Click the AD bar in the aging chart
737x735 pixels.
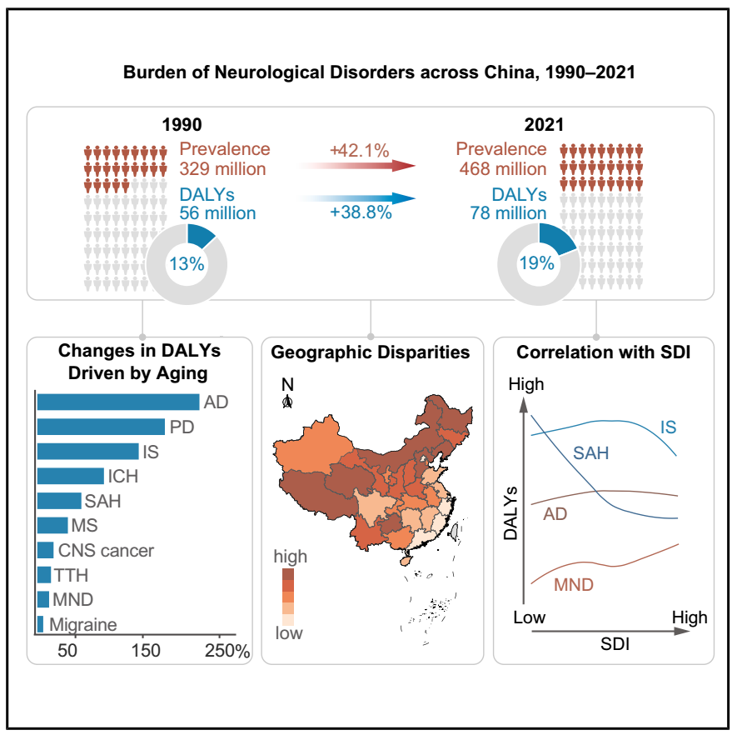pyautogui.click(x=117, y=402)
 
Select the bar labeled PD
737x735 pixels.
pyautogui.click(x=100, y=427)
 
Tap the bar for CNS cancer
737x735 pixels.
pyautogui.click(x=45, y=550)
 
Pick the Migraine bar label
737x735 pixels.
pyautogui.click(x=83, y=624)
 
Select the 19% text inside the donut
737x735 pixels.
pyautogui.click(x=536, y=263)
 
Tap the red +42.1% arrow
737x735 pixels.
pyautogui.click(x=358, y=166)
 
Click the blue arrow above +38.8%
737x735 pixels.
pyautogui.click(x=358, y=198)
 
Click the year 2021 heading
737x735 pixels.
pyautogui.click(x=544, y=126)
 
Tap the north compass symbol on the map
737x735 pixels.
pyautogui.click(x=288, y=402)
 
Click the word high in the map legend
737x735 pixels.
pyautogui.click(x=291, y=556)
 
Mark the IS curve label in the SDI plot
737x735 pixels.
pyautogui.click(x=668, y=427)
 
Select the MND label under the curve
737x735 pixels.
pyautogui.click(x=574, y=585)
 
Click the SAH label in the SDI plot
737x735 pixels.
pyautogui.click(x=590, y=453)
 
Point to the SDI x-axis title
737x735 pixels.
pyautogui.click(x=615, y=644)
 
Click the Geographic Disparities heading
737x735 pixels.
pyautogui.click(x=371, y=352)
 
